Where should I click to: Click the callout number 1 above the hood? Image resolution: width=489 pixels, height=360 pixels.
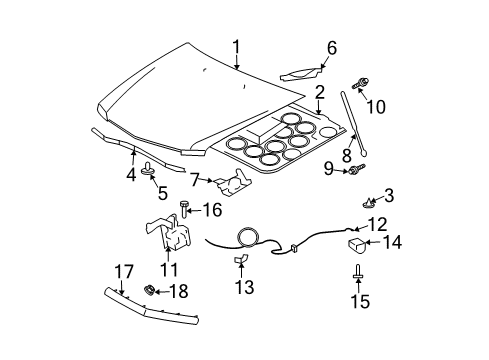pos(237,46)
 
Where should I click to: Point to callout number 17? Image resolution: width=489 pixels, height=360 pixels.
pos(123,271)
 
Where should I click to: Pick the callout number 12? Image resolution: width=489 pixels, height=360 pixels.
pos(377,225)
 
